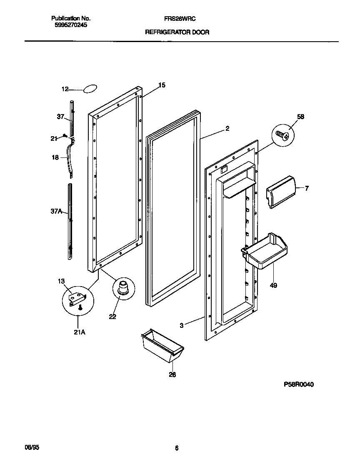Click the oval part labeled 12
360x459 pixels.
[x=90, y=88]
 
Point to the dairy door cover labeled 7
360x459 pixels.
[x=280, y=191]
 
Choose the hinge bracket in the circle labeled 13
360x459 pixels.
[x=78, y=298]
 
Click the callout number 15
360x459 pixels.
[x=162, y=85]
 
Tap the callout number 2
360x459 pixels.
[x=227, y=129]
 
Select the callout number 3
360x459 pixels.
[x=181, y=325]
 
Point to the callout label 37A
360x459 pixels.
[x=56, y=212]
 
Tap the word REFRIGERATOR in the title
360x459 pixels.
[x=162, y=32]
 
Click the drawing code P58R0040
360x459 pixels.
[x=299, y=384]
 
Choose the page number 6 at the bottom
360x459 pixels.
[x=177, y=448]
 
